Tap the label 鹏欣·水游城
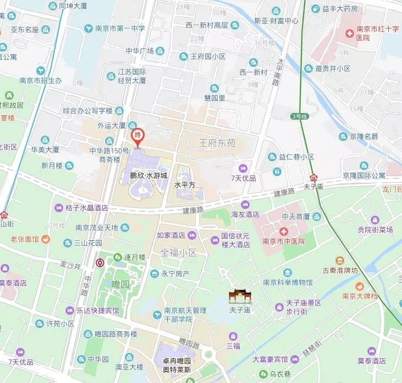point(148,176)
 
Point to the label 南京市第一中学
point(114,29)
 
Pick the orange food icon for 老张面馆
point(46,239)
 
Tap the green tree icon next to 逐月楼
point(117,257)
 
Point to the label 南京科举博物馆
point(287,283)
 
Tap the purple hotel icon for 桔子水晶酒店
point(59,208)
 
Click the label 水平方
point(185,185)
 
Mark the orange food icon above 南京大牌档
point(359,285)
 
